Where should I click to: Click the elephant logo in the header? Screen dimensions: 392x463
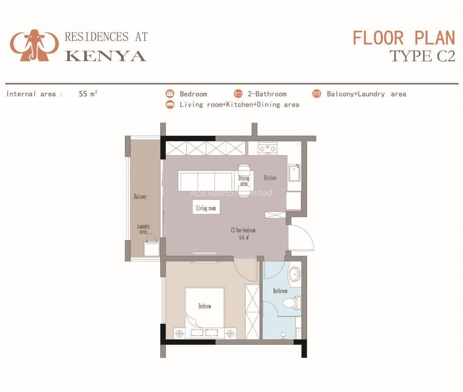click(x=34, y=45)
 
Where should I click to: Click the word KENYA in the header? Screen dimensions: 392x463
click(x=106, y=55)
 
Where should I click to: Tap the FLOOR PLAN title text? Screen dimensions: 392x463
click(x=404, y=38)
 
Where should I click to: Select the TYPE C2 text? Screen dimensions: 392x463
click(x=422, y=56)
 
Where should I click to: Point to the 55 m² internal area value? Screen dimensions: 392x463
click(x=88, y=94)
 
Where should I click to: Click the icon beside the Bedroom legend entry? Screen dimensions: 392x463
click(x=170, y=94)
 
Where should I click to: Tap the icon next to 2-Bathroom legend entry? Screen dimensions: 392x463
click(x=238, y=94)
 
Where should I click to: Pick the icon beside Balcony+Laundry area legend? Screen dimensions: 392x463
click(x=317, y=94)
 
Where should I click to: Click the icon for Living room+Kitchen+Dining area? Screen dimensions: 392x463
click(x=170, y=105)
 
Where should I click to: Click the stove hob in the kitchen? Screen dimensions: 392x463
click(x=268, y=149)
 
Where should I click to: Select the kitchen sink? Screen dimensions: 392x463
click(x=294, y=173)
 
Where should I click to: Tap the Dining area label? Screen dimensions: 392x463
click(x=244, y=180)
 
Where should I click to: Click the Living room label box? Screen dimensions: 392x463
click(x=206, y=208)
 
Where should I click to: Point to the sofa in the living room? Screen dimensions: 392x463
click(x=205, y=181)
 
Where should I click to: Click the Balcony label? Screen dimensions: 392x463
click(x=140, y=197)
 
